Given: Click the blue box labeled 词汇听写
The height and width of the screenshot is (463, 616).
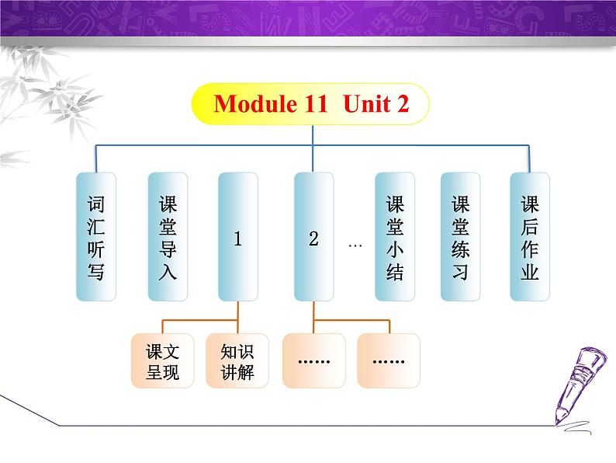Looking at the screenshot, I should point(95,237).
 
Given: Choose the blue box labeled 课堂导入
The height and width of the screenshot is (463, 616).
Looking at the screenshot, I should point(168,237).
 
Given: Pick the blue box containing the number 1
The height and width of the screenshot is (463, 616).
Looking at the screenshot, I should point(237,237).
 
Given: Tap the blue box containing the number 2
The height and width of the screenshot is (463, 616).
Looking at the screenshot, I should point(313,237).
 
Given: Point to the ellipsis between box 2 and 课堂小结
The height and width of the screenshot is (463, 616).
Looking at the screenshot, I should point(355,245).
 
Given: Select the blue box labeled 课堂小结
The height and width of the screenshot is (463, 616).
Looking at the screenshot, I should point(395,237).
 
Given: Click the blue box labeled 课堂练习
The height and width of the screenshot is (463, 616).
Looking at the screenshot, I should point(460,237).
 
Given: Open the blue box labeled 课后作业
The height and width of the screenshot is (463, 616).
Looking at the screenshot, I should point(529,237).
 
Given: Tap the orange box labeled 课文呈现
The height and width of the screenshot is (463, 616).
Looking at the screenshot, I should point(162,360).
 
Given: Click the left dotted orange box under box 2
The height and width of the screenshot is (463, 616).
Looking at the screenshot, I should point(313,360).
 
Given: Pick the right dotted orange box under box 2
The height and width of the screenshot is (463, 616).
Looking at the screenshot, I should point(388,360).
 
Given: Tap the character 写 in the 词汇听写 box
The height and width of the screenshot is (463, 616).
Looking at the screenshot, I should point(95,273).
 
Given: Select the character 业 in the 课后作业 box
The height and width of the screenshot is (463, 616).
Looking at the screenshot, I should point(529,273).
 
